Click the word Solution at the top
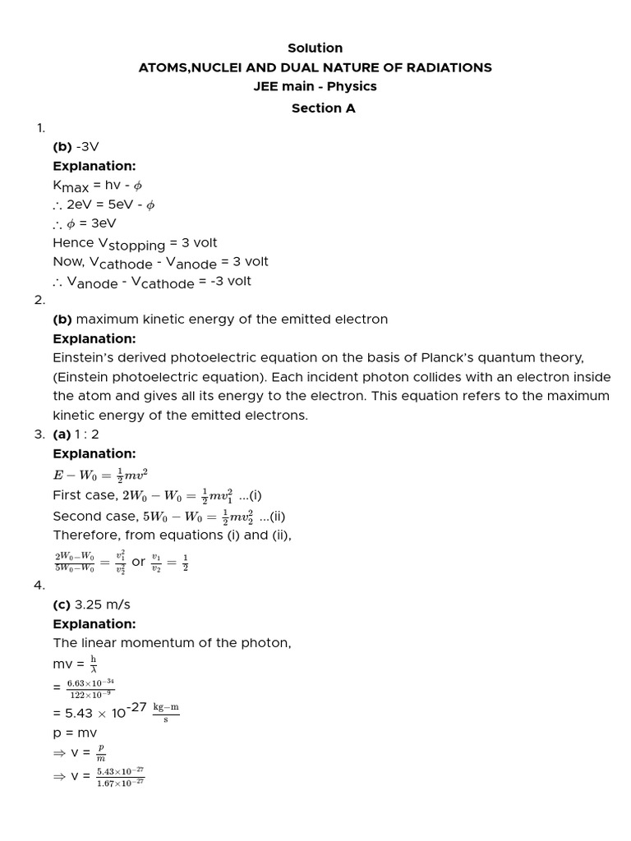click(315, 48)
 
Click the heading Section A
click(323, 108)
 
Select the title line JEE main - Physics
click(315, 87)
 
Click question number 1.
click(39, 127)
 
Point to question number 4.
click(39, 585)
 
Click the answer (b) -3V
click(76, 146)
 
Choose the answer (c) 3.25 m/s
click(91, 604)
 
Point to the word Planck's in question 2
click(477, 357)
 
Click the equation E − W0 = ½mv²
click(100, 474)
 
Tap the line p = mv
click(75, 732)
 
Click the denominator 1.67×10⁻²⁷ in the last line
click(120, 782)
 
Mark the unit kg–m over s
click(165, 712)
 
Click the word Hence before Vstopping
click(73, 243)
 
